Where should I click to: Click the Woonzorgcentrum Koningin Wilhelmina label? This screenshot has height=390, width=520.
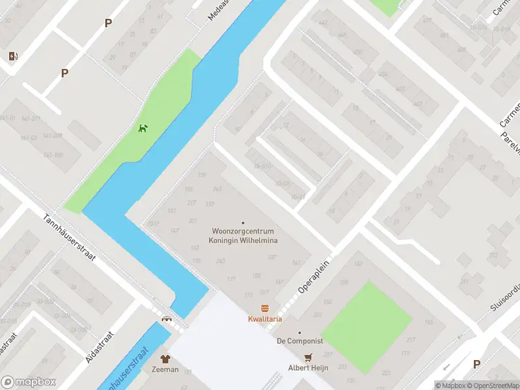click(243, 236)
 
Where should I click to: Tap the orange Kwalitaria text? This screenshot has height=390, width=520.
click(265, 319)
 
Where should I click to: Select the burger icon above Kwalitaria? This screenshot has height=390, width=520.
click(265, 308)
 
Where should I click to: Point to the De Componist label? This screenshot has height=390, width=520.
click(299, 341)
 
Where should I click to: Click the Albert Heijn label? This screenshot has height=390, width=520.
click(308, 368)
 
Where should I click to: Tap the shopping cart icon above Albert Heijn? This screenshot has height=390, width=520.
click(308, 357)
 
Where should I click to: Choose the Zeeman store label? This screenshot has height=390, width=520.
click(165, 369)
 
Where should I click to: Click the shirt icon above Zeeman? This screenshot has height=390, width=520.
click(165, 358)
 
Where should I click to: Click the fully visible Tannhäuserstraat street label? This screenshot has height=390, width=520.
click(70, 238)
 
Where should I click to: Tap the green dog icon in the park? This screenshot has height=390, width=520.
click(143, 127)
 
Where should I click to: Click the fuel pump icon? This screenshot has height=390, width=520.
click(13, 57)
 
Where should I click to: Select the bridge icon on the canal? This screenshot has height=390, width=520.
click(166, 318)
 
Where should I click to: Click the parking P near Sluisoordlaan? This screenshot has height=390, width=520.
click(477, 364)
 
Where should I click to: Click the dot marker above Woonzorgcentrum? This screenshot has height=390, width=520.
click(243, 222)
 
